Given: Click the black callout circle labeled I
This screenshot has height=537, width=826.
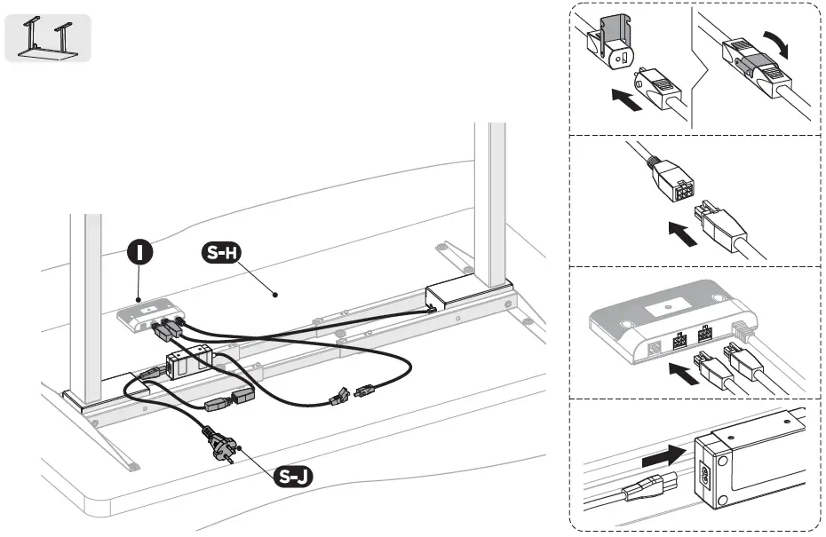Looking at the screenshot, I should [x=138, y=254].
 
